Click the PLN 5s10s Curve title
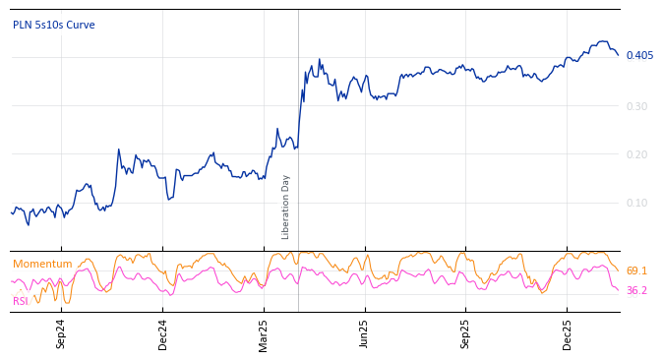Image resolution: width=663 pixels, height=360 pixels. (x=54, y=25)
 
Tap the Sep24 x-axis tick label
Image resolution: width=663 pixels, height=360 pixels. (x=61, y=333)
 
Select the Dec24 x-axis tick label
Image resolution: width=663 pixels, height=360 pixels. (x=163, y=333)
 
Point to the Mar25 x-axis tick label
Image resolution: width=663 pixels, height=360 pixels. (x=264, y=333)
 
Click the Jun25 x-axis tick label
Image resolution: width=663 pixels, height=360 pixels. (x=364, y=333)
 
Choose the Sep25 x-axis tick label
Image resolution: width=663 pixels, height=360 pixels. (x=465, y=333)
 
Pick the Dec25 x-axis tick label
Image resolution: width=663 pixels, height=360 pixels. (x=568, y=333)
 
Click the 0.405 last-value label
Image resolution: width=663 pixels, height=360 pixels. (x=639, y=55)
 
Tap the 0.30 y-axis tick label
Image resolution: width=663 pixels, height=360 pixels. (x=637, y=106)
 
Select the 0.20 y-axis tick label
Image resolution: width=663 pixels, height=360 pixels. (x=637, y=154)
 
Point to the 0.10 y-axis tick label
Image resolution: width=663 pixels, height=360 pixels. (x=637, y=204)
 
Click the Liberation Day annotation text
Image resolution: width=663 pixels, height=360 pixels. (x=286, y=207)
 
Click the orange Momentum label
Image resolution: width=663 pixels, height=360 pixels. (x=42, y=264)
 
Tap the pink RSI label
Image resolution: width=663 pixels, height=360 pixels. (x=21, y=301)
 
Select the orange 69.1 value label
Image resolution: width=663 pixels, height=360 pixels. (x=636, y=270)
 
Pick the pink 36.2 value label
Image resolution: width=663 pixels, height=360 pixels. (x=636, y=291)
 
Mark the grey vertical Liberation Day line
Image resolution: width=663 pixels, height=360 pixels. (x=298, y=128)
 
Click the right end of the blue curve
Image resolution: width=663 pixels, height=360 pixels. (x=618, y=55)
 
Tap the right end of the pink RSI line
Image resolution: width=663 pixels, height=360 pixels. (x=618, y=289)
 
